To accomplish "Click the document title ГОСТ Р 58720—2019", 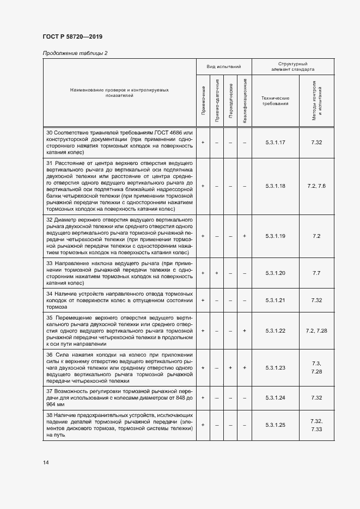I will pyautogui.click(x=72, y=37).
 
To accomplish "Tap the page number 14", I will pyautogui.click(x=46, y=462).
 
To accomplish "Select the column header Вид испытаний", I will pyautogui.click(x=223, y=66).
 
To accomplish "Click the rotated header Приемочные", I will pyautogui.click(x=203, y=100).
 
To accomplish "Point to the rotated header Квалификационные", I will pyautogui.click(x=245, y=100).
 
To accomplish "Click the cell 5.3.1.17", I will pyautogui.click(x=275, y=143).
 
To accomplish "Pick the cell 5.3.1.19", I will pyautogui.click(x=275, y=236).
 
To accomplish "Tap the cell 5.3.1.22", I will pyautogui.click(x=275, y=330).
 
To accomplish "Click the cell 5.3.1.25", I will pyautogui.click(x=275, y=425).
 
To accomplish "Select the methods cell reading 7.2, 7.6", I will pyautogui.click(x=316, y=186).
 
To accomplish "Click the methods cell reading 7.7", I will pyautogui.click(x=316, y=273).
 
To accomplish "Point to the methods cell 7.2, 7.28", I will pyautogui.click(x=316, y=330).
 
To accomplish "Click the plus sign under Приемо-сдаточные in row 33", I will pyautogui.click(x=217, y=273).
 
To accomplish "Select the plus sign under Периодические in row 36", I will pyautogui.click(x=231, y=367).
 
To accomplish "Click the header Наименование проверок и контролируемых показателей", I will pyautogui.click(x=119, y=92).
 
